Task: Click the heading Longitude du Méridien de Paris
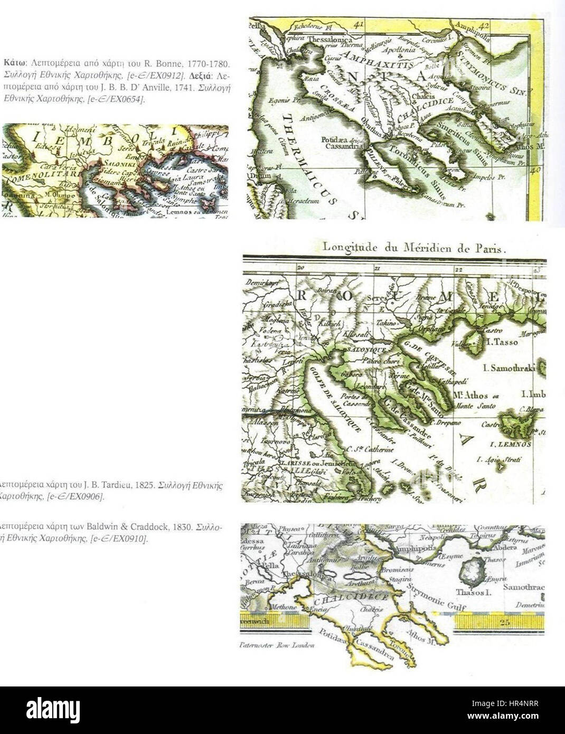point(415,247)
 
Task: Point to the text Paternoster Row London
point(277,645)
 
